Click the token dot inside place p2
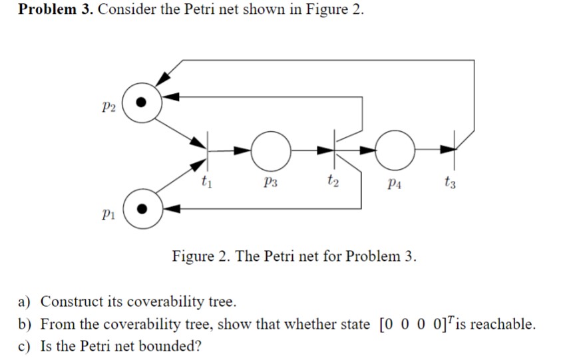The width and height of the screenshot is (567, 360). (x=140, y=103)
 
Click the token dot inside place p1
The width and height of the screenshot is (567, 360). (x=141, y=207)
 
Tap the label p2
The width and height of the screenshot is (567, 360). (x=110, y=107)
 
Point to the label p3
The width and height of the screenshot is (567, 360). (x=270, y=180)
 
